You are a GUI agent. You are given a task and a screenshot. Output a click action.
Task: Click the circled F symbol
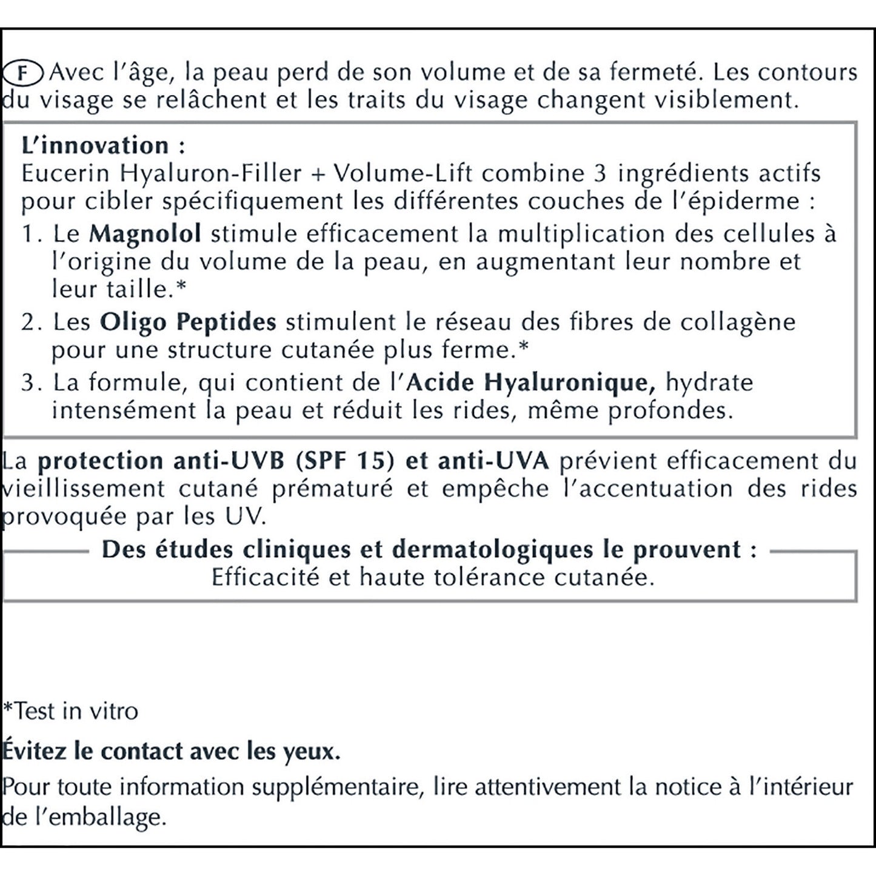22,73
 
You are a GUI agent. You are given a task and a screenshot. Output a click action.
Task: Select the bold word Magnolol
145,234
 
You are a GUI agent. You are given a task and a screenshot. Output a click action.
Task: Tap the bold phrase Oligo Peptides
188,322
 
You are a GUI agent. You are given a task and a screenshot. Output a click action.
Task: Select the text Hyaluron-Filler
210,174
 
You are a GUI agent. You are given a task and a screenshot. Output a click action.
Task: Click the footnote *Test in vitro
71,710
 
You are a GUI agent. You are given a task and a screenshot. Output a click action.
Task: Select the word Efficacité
266,577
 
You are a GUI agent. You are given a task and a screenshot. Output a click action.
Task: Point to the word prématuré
332,489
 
